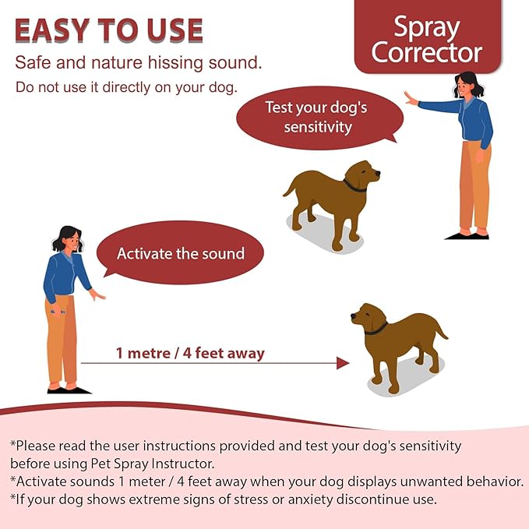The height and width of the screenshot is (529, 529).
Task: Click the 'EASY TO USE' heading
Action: pyautogui.click(x=109, y=30)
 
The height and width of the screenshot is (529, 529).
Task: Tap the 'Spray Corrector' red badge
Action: pyautogui.click(x=426, y=40)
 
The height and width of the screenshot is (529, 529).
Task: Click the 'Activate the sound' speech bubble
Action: pyautogui.click(x=180, y=253)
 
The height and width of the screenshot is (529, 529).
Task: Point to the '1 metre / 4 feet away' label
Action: pyautogui.click(x=190, y=354)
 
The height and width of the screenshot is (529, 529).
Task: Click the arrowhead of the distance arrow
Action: pyautogui.click(x=342, y=362)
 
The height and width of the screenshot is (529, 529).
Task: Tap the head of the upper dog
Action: pyautogui.click(x=362, y=174)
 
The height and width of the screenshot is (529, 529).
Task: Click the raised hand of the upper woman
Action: pyautogui.click(x=411, y=99)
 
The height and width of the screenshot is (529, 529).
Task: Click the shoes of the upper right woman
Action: pyautogui.click(x=465, y=234)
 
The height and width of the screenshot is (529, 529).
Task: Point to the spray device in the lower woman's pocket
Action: pyautogui.click(x=54, y=312)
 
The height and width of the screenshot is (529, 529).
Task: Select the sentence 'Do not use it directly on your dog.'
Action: pyautogui.click(x=126, y=86)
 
